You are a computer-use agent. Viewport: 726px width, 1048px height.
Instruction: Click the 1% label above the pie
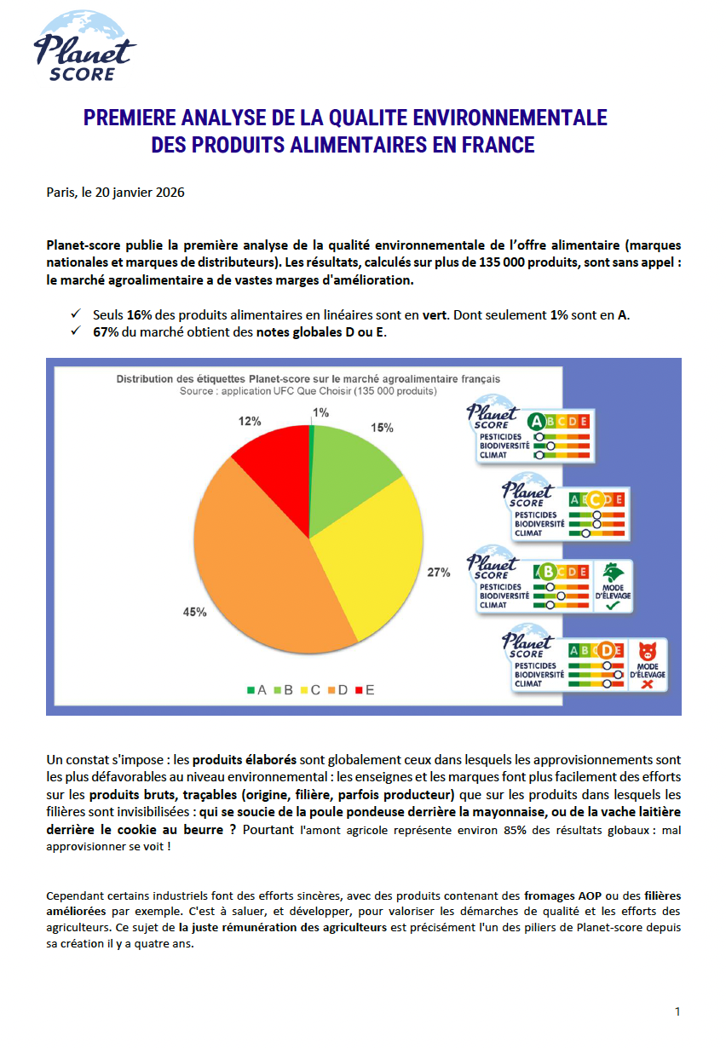tap(320, 413)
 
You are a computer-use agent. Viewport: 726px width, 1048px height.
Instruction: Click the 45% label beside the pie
tap(194, 612)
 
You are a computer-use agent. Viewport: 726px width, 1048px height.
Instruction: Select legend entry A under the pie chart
tap(256, 690)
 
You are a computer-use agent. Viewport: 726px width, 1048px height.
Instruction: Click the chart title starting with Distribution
tap(308, 378)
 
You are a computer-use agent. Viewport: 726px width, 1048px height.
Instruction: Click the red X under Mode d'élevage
tap(648, 684)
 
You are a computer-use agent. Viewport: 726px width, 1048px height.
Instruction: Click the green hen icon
tap(612, 570)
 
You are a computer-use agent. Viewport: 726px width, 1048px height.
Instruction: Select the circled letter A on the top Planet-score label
tap(537, 420)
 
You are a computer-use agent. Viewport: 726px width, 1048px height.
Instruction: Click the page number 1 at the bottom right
tap(677, 1011)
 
